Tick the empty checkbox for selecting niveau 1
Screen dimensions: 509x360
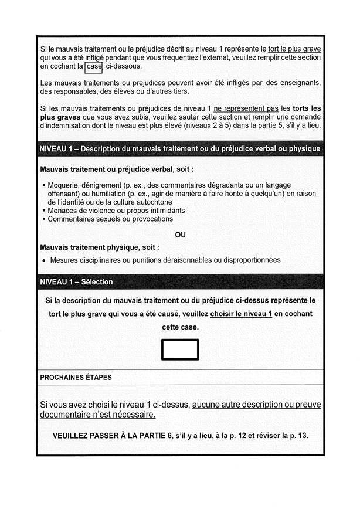point(180,349)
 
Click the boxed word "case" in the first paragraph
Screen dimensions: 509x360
point(94,67)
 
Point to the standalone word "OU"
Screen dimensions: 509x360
point(180,235)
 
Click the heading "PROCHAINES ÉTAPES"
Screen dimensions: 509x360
point(76,378)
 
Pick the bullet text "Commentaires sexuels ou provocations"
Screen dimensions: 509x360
point(110,219)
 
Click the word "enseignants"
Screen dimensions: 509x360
point(300,83)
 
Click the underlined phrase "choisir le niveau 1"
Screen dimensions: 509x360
point(241,314)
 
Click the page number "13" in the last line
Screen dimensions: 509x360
point(303,436)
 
